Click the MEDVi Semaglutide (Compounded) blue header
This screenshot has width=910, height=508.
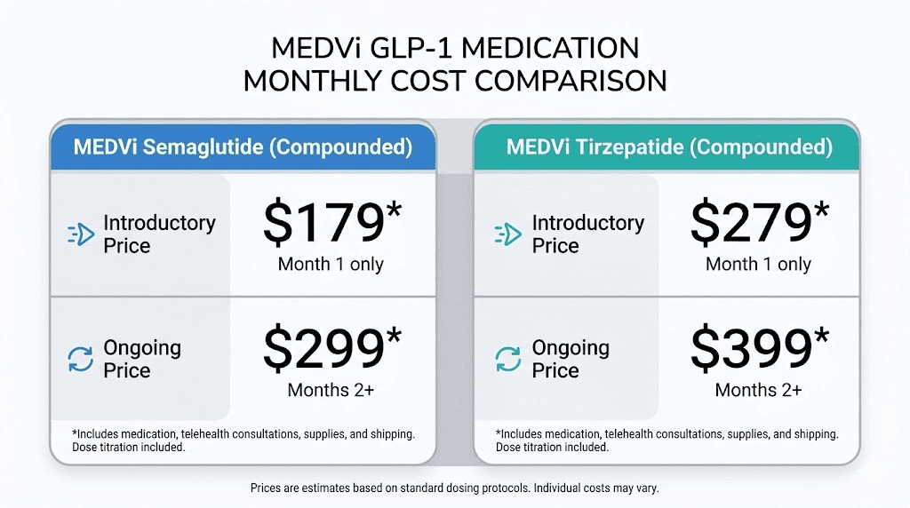(x=243, y=147)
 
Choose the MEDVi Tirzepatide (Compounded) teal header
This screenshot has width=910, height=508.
(x=669, y=147)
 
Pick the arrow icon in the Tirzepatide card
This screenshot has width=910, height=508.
(x=507, y=234)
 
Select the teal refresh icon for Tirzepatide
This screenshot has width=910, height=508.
(x=507, y=359)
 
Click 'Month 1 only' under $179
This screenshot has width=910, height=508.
(x=331, y=264)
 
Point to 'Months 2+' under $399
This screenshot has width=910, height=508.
(x=758, y=389)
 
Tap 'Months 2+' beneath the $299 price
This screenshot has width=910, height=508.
(x=331, y=389)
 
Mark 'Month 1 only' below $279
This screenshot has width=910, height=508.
(x=758, y=264)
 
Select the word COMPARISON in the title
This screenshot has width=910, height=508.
(x=570, y=81)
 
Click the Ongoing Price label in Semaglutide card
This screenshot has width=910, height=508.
(x=142, y=359)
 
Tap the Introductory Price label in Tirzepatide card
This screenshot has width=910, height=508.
(x=587, y=234)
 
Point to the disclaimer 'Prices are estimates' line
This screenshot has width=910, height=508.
(x=454, y=488)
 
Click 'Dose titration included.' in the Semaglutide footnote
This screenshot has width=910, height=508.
(x=129, y=447)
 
